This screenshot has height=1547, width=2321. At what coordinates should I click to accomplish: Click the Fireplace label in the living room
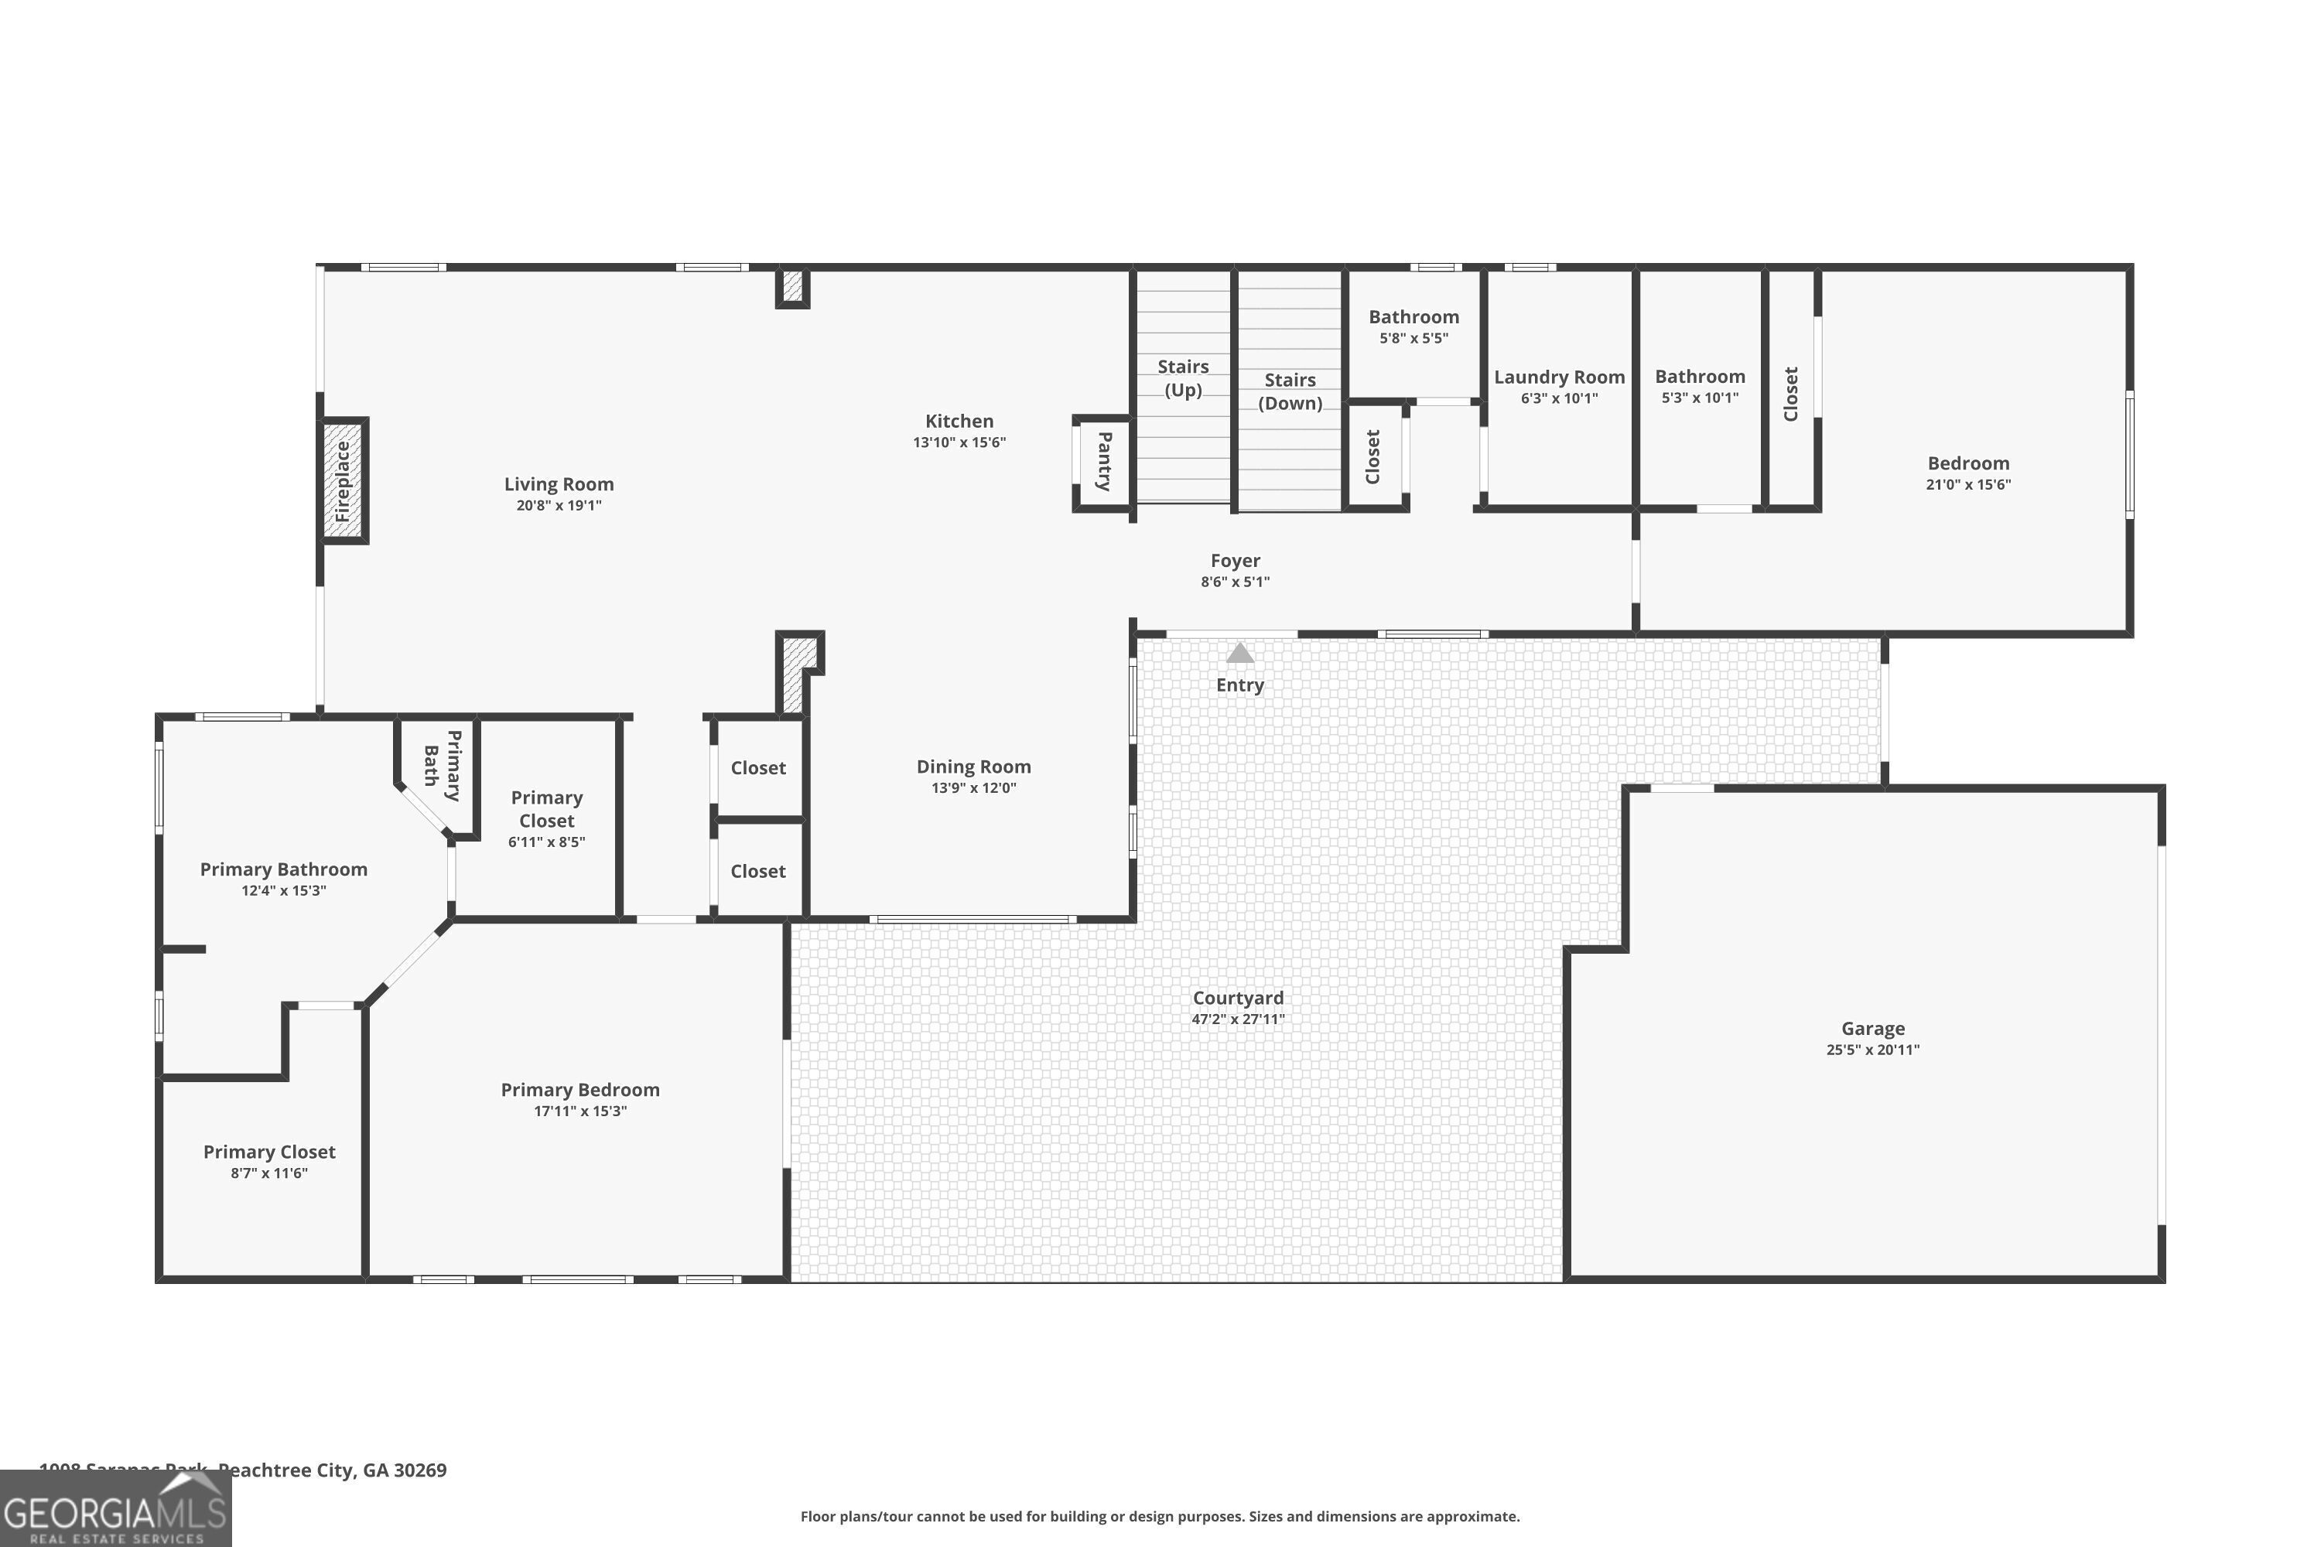343,481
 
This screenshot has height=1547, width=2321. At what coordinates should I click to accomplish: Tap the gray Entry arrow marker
1239,653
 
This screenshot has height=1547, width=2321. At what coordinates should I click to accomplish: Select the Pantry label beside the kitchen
1104,461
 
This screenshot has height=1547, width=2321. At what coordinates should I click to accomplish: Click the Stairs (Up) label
1182,378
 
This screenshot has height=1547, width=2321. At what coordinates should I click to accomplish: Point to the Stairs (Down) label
1289,391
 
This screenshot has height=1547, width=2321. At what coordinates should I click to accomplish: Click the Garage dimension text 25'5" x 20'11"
1872,1050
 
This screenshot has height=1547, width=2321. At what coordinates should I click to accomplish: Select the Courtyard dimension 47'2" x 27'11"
1237,1019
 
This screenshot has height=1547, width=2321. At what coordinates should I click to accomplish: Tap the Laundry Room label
1558,377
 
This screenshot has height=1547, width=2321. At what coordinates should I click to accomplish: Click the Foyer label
1235,560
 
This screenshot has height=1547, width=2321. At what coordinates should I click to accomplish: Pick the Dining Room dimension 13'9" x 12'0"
973,787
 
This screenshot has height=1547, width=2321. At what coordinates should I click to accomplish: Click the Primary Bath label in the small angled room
442,766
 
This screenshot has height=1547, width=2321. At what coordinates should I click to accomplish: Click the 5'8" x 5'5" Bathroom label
1413,316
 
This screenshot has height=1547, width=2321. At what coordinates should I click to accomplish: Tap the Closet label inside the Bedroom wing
1790,394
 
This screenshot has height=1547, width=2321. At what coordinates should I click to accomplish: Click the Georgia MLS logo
115,1511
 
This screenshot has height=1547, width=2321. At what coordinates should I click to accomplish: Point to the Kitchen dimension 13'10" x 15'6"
959,442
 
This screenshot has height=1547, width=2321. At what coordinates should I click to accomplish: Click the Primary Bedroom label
579,1089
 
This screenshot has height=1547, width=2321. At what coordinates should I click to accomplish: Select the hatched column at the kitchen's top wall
792,286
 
